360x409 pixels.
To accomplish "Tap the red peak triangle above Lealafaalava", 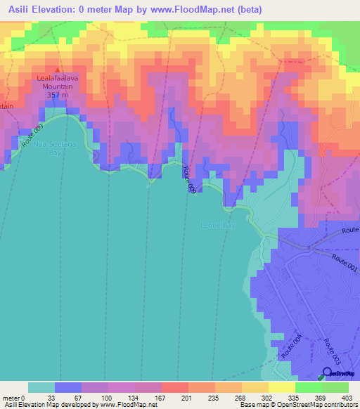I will point(58,70).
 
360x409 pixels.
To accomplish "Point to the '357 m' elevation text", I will point(58,93).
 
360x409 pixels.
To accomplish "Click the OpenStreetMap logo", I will point(340,374).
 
